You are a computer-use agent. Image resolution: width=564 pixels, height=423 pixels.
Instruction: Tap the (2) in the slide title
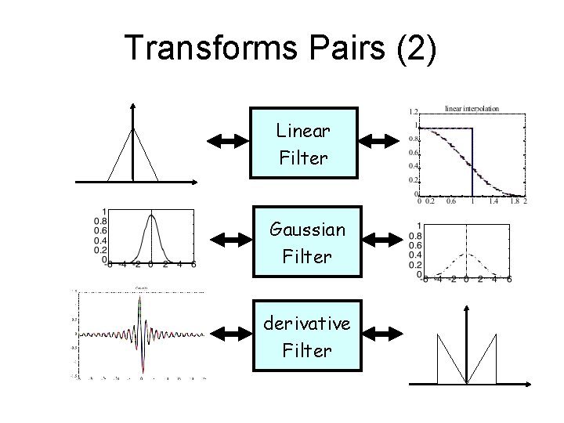pyautogui.click(x=413, y=49)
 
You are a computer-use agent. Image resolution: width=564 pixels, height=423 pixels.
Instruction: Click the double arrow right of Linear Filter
pyautogui.click(x=379, y=142)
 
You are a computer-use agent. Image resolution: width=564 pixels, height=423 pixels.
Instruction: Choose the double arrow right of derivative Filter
pyautogui.click(x=379, y=335)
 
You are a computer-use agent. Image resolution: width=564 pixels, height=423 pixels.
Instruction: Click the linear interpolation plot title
pyautogui.click(x=472, y=109)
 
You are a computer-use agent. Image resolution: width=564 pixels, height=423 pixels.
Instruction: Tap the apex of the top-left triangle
pyautogui.click(x=135, y=127)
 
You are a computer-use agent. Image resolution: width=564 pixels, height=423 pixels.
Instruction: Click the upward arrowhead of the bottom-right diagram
pyautogui.click(x=467, y=308)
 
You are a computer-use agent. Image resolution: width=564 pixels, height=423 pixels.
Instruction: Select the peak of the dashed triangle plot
pyautogui.click(x=467, y=252)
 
